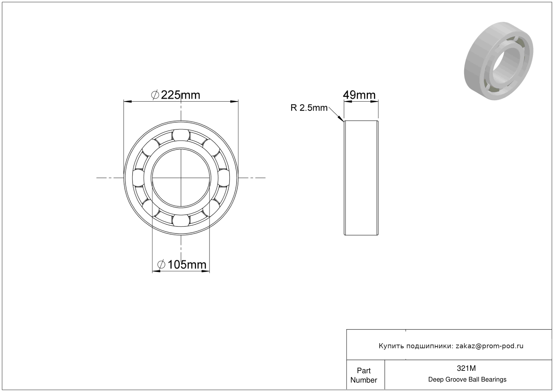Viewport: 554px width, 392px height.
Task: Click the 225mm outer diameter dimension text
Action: (180, 95)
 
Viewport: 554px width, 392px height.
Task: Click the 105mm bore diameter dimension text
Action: (187, 265)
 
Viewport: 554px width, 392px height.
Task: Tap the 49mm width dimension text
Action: (359, 95)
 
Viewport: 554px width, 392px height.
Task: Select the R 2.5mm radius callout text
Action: (309, 108)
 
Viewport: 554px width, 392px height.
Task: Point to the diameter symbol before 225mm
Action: (155, 95)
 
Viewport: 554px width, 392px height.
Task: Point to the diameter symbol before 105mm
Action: (161, 265)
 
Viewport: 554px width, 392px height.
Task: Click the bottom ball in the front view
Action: (181, 220)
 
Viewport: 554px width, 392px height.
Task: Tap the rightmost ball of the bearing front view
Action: (224, 178)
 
